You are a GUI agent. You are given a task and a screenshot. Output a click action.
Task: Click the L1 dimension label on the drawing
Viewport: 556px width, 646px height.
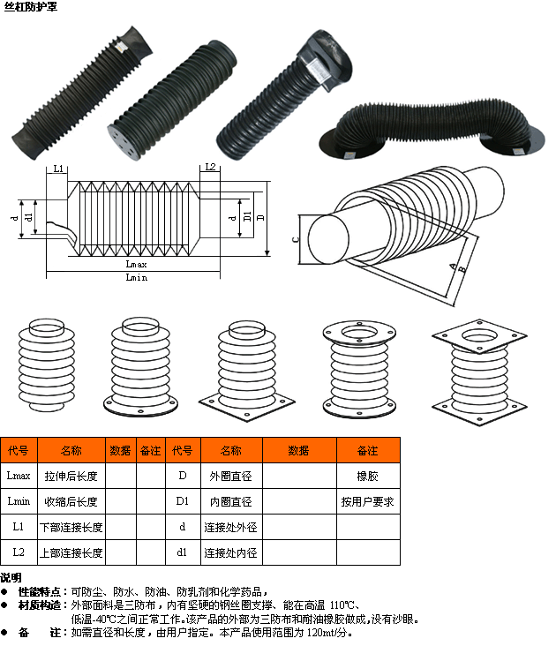[58, 169]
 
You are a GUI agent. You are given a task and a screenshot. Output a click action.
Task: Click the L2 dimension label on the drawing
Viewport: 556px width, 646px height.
[210, 167]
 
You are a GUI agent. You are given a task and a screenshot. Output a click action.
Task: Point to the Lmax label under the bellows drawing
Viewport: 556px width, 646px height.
[136, 264]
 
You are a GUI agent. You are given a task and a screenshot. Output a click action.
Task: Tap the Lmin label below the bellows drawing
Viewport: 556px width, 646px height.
[136, 277]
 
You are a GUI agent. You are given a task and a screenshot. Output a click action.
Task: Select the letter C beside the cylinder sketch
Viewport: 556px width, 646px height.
[295, 239]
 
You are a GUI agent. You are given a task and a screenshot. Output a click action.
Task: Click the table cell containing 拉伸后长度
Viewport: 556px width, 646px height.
[71, 477]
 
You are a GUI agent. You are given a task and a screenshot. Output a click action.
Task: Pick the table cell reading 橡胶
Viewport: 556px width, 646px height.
[368, 477]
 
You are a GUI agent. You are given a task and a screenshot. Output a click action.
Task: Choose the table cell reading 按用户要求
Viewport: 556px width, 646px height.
[368, 502]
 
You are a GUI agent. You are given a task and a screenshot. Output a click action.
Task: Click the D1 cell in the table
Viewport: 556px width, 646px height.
[183, 501]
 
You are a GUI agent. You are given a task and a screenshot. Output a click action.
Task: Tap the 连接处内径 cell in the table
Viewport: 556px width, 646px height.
[231, 552]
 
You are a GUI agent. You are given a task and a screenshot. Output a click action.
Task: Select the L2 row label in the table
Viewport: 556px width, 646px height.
[19, 552]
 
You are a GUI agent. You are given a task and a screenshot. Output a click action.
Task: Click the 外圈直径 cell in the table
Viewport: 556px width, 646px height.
[231, 477]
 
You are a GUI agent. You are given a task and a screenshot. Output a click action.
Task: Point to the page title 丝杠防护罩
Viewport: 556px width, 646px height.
[31, 7]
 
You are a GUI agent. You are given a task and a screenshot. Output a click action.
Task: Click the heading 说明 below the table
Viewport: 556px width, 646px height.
[11, 578]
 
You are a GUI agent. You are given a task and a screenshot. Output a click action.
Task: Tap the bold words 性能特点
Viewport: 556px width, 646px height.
[40, 592]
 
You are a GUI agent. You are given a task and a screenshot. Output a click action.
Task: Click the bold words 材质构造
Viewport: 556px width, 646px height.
[40, 605]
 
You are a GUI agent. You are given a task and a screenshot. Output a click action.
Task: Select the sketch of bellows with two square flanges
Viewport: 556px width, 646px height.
[479, 372]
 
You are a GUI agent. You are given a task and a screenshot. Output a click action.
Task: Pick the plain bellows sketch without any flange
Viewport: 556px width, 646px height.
[47, 364]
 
